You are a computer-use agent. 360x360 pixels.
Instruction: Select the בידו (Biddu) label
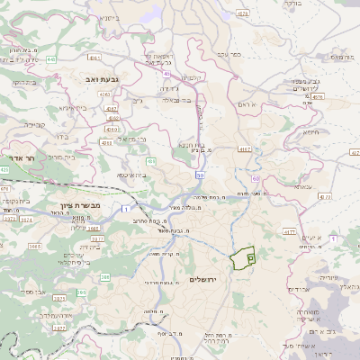click(62, 138)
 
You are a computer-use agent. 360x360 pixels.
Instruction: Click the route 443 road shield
click(51, 59)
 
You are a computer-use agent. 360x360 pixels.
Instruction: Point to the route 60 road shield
click(256, 179)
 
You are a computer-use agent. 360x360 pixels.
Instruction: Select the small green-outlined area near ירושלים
click(242, 259)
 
